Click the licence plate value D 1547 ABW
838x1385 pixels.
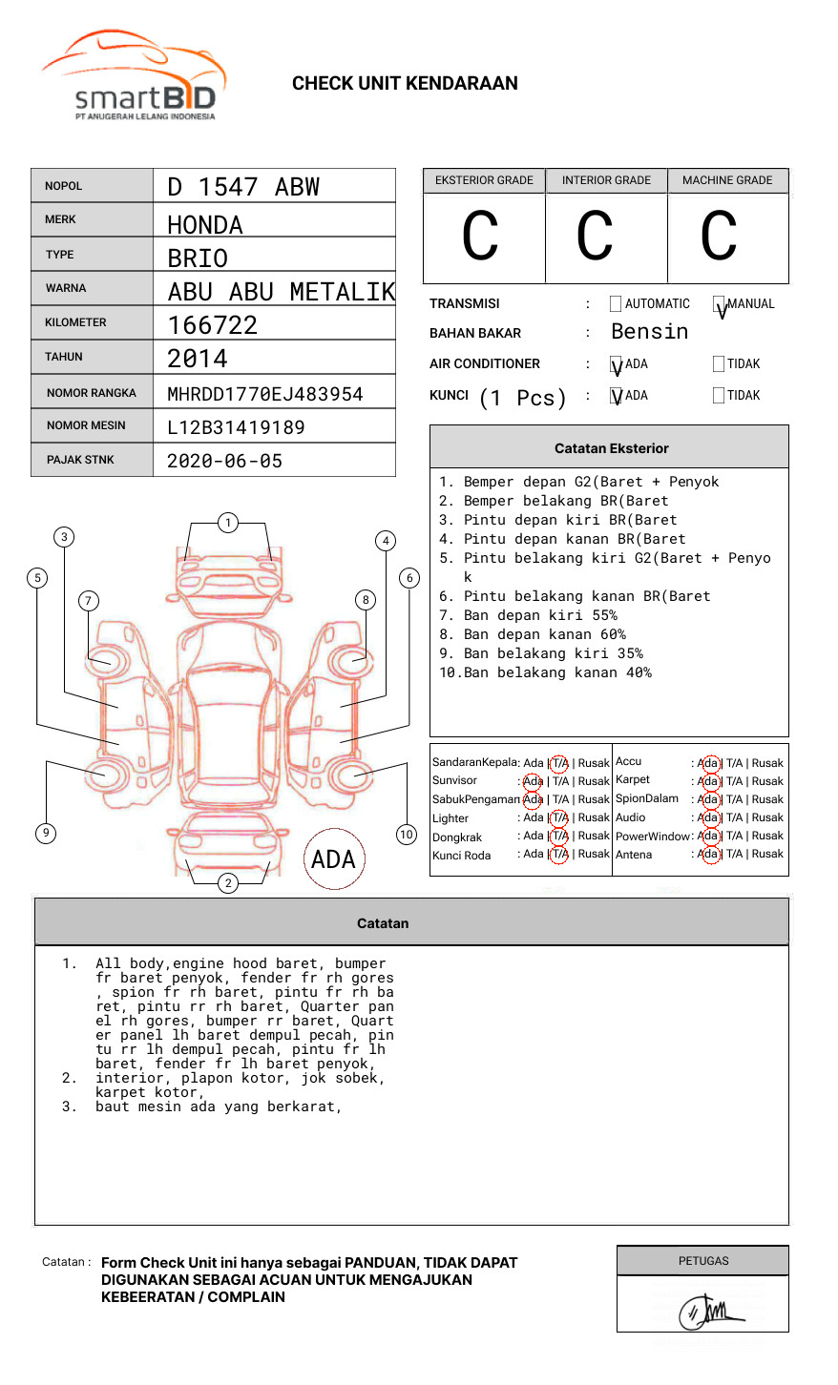coord(243,187)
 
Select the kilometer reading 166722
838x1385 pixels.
coord(213,325)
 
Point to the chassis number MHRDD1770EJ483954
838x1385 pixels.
coord(265,394)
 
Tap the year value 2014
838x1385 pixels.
coord(198,359)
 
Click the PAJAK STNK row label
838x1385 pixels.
coord(80,460)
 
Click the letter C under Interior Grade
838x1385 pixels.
coord(595,237)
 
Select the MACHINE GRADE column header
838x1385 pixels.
coord(727,180)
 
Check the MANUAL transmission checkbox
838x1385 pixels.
coord(719,304)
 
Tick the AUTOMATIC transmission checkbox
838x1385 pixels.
coord(616,304)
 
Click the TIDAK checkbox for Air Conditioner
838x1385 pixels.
coord(719,364)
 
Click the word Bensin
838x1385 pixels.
coord(649,332)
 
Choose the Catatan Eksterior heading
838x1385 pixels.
coord(611,448)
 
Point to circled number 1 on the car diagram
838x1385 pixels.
coord(227,523)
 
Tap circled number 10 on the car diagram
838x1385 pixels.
coord(407,835)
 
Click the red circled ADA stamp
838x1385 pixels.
coord(333,859)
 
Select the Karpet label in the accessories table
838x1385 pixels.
coord(633,780)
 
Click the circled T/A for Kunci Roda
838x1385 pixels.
coord(559,855)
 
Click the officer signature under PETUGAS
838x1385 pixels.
coord(710,1312)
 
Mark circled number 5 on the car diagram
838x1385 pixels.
coord(38,577)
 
